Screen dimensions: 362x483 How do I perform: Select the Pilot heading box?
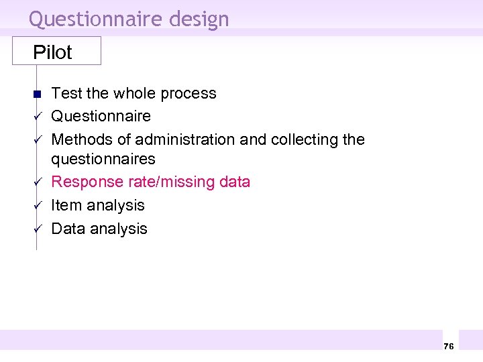[x=56, y=51]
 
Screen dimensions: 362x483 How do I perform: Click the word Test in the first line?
[x=65, y=93]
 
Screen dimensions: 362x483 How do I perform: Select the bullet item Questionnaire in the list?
[x=101, y=116]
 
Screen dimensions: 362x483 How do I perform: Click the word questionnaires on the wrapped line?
[x=103, y=159]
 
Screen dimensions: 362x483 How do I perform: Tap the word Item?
[x=64, y=205]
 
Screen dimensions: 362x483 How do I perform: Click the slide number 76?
[x=449, y=346]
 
